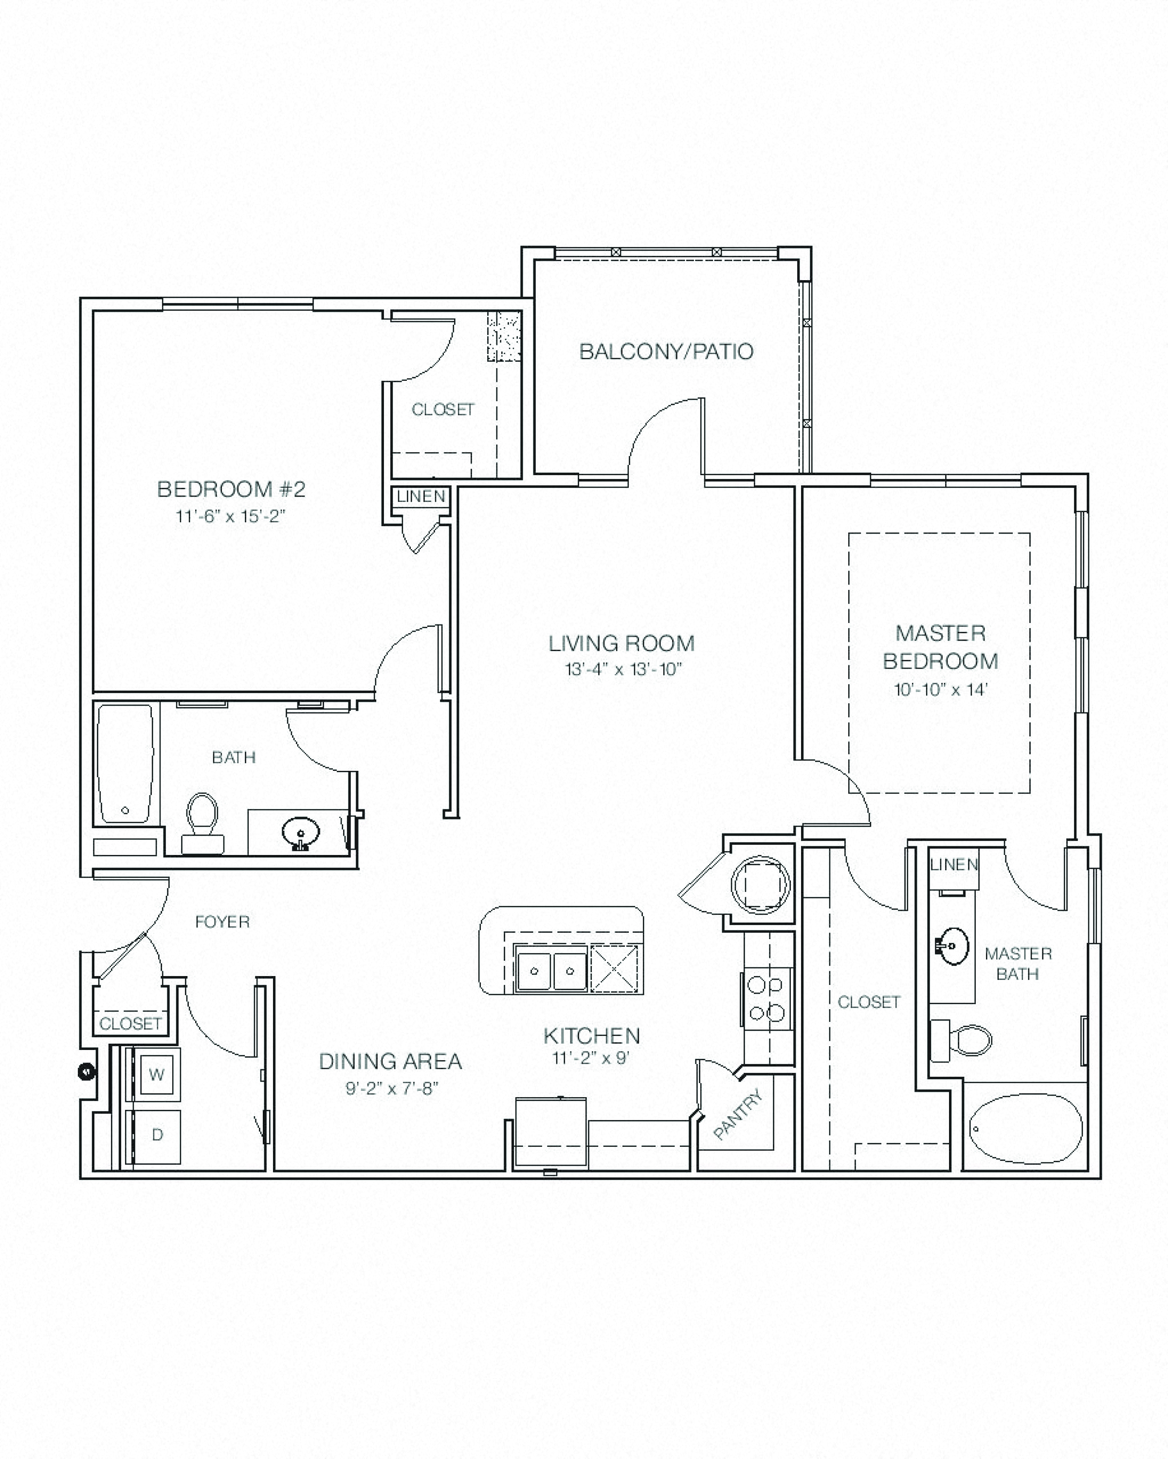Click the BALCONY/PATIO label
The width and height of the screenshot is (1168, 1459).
pyautogui.click(x=666, y=352)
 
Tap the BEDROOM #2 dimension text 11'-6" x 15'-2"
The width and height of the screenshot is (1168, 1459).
pyautogui.click(x=231, y=516)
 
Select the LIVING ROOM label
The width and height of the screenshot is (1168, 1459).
pyautogui.click(x=621, y=643)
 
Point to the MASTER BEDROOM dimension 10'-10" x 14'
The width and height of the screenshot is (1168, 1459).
pyautogui.click(x=941, y=690)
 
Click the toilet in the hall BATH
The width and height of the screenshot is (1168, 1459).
pyautogui.click(x=202, y=823)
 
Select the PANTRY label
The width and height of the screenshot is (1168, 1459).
pyautogui.click(x=739, y=1115)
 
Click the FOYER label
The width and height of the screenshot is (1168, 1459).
pyautogui.click(x=222, y=922)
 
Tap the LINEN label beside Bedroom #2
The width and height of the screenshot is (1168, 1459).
pyautogui.click(x=421, y=496)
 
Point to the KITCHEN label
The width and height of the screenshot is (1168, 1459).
pyautogui.click(x=591, y=1035)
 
